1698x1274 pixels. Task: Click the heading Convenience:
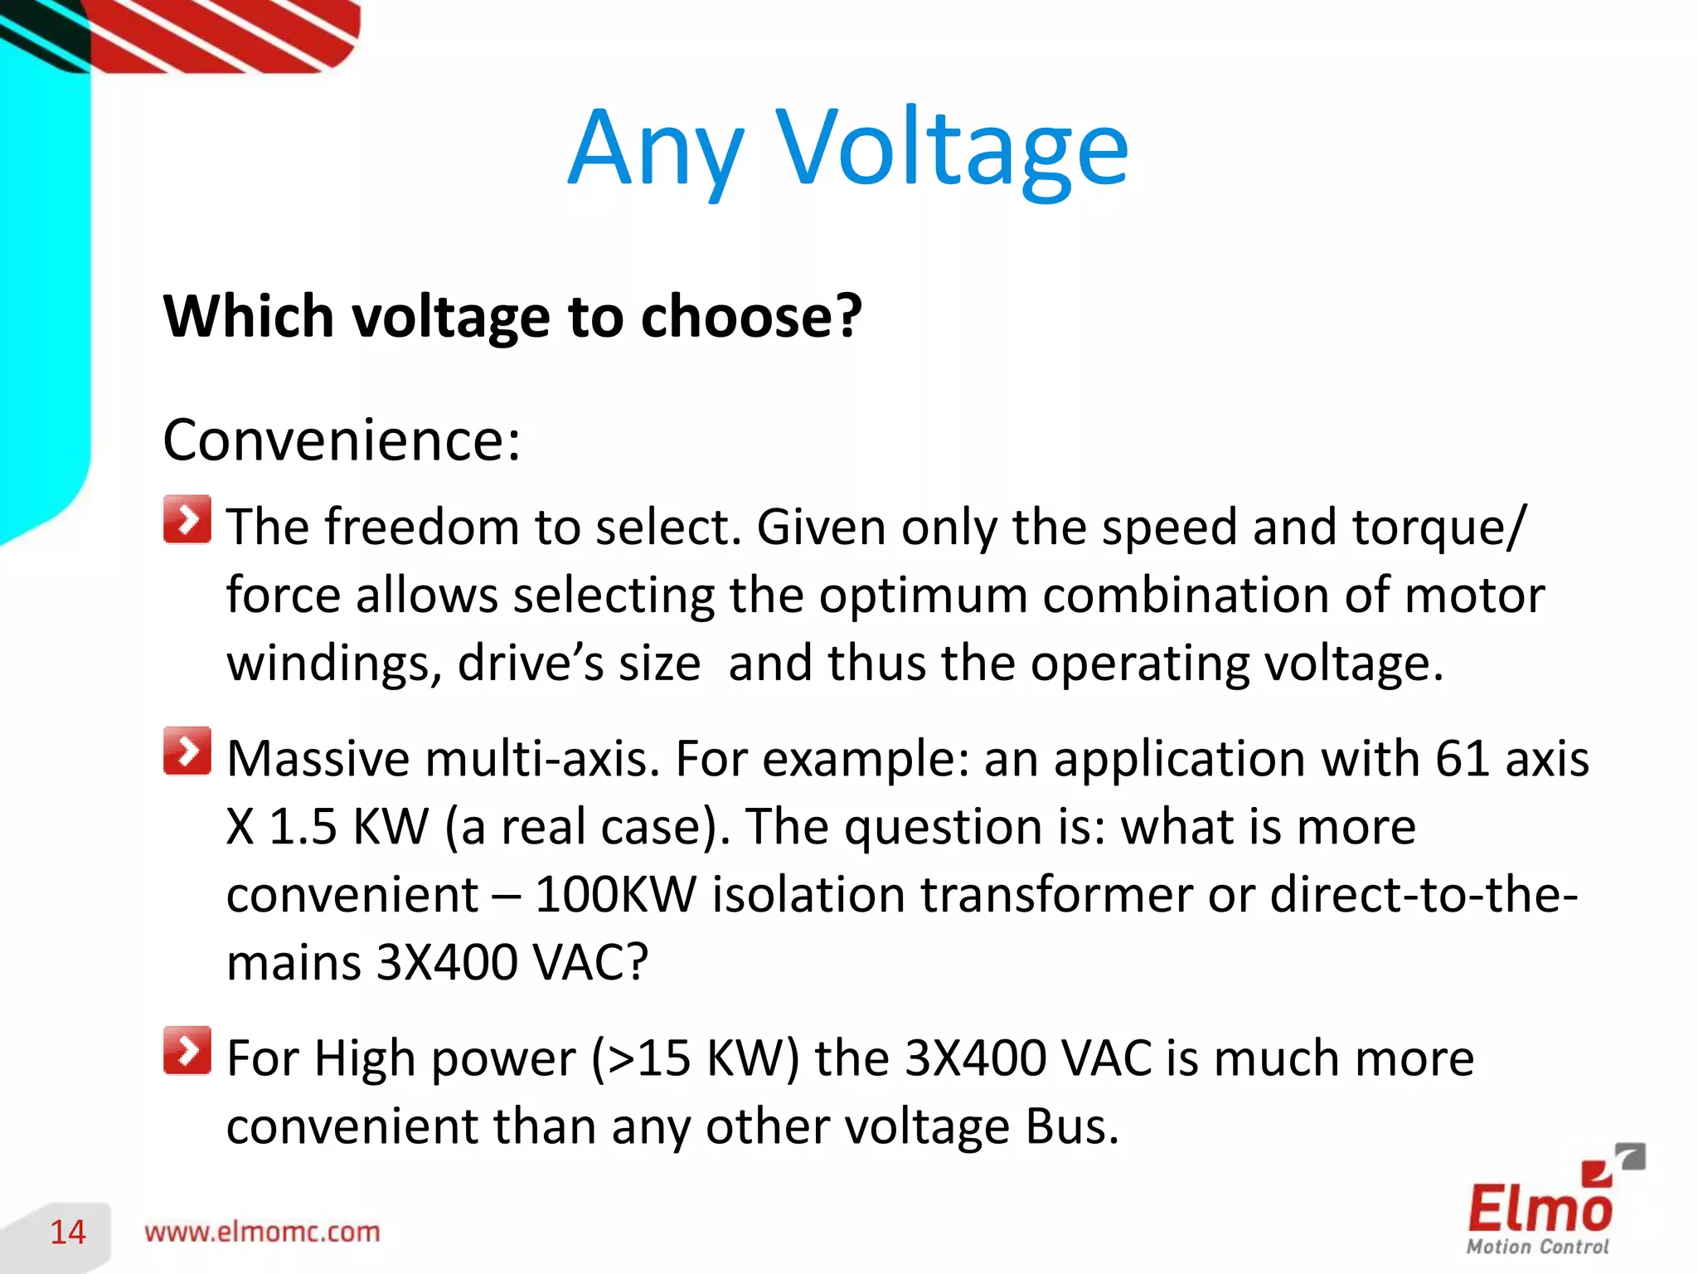pyautogui.click(x=342, y=440)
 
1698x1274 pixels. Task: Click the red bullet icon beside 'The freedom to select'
pyautogui.click(x=187, y=520)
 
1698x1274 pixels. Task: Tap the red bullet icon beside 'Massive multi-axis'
pyautogui.click(x=187, y=751)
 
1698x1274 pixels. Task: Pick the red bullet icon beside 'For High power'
pyautogui.click(x=187, y=1051)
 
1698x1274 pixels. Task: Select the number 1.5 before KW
pyautogui.click(x=303, y=826)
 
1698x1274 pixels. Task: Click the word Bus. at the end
pyautogui.click(x=1072, y=1126)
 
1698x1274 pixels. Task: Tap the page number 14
pyautogui.click(x=68, y=1233)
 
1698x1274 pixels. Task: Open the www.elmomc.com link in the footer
pyautogui.click(x=262, y=1233)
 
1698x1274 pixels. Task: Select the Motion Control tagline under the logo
pyautogui.click(x=1537, y=1247)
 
